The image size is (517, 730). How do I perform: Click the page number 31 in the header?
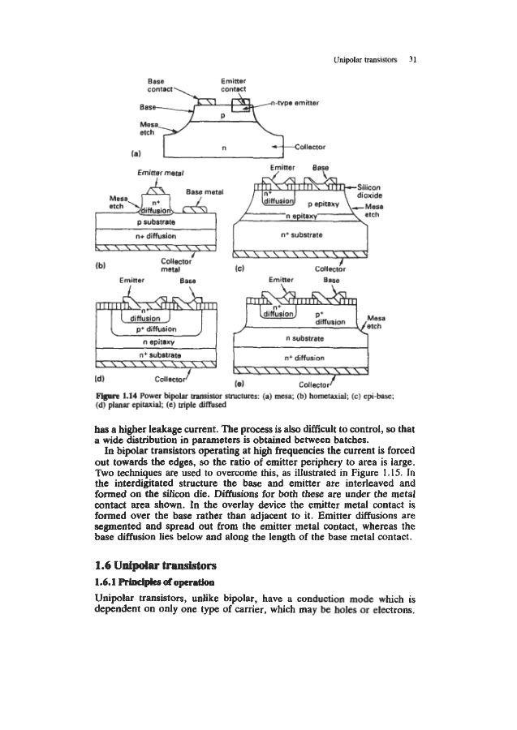(413, 59)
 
